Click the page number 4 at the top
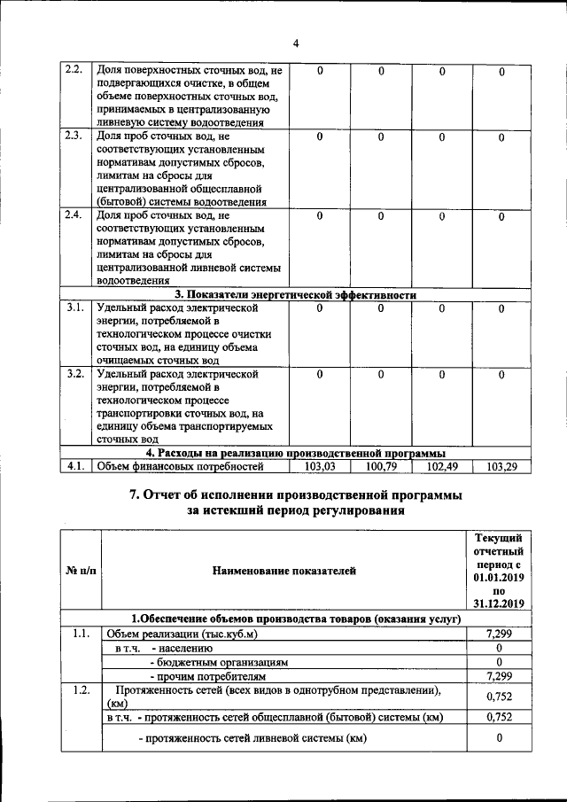296,43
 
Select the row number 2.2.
74,70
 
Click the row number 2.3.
74,136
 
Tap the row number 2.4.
74,215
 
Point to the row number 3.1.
74,308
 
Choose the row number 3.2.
74,374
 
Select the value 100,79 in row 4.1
380,466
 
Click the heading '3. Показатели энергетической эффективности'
295,295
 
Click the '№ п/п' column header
81,571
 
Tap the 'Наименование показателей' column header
283,571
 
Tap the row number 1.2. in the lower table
81,689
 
